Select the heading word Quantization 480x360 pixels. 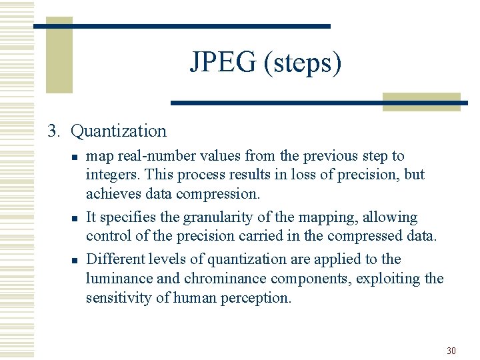tap(119, 131)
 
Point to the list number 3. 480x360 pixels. tap(53, 131)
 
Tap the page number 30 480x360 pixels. tap(451, 351)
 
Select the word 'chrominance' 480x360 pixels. tap(223, 278)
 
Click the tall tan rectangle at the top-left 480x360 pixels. tap(59, 47)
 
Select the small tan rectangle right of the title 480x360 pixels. tap(421, 101)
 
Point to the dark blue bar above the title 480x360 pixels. tap(182, 26)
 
